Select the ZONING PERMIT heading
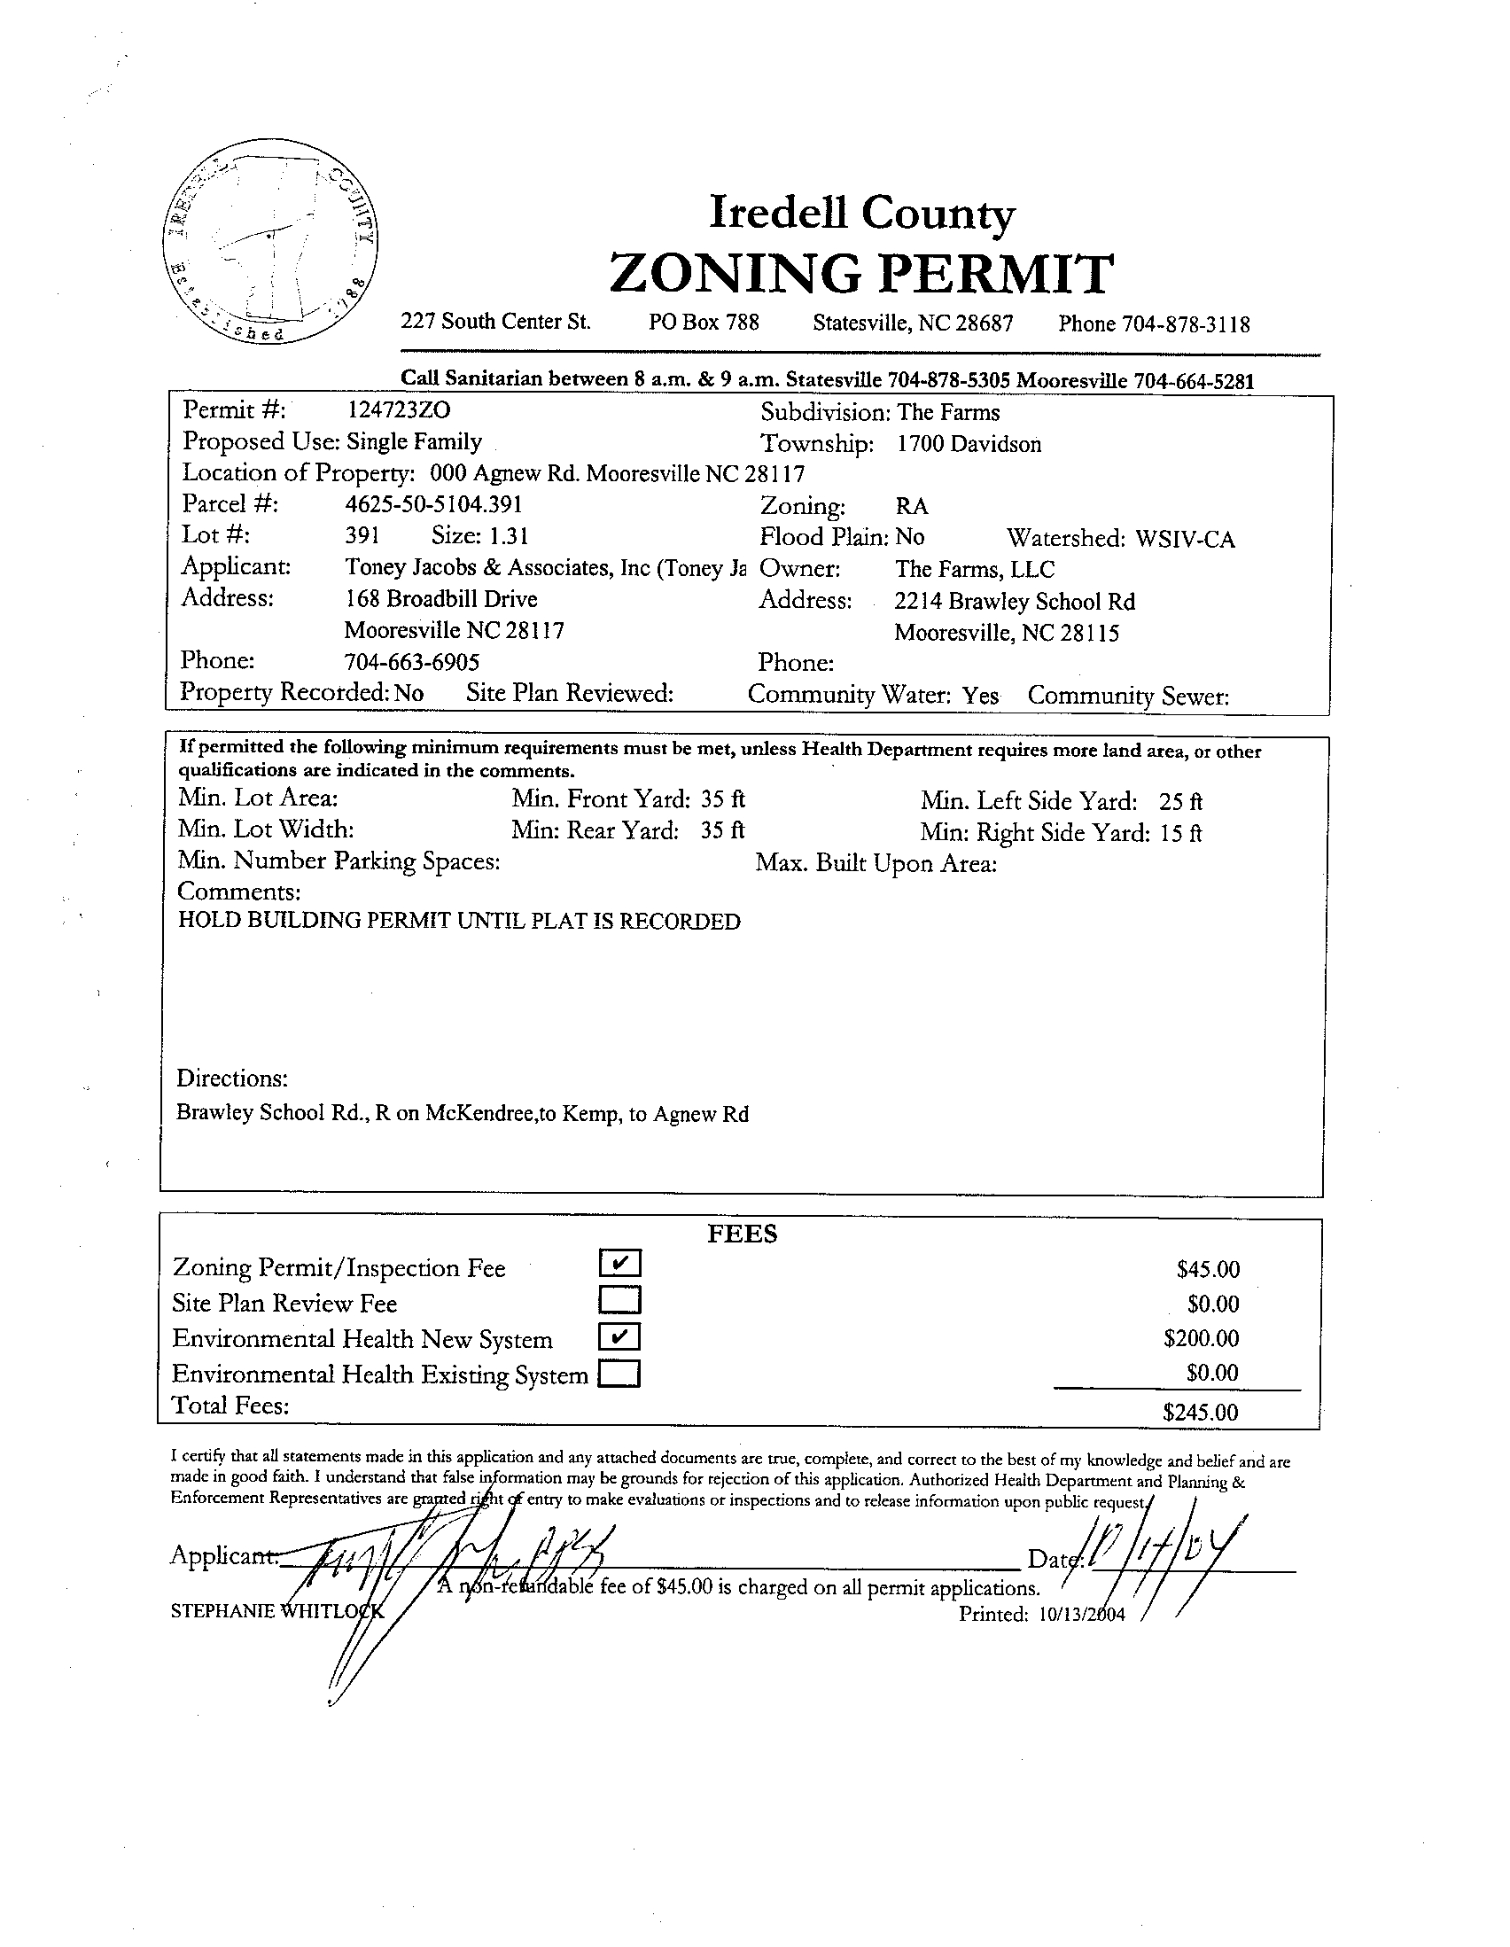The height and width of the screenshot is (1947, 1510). coord(861,274)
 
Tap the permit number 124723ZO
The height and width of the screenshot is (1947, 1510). coord(398,410)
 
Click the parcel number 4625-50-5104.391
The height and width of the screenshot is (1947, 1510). coord(433,504)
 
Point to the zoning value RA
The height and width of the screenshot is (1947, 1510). coord(912,506)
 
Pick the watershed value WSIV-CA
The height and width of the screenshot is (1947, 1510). coord(1185,540)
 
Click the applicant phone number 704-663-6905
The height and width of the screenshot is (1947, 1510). coord(412,661)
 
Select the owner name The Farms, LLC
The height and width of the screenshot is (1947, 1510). coord(974,569)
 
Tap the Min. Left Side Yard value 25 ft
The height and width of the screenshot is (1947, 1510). coord(1181,801)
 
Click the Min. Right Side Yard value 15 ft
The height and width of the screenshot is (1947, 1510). coord(1181,834)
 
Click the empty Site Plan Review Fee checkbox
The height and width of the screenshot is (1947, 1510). coord(620,1301)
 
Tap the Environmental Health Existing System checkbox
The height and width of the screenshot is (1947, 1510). coord(620,1374)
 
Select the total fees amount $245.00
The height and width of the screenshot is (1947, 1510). coord(1201,1412)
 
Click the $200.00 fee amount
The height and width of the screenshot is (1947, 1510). coord(1202,1338)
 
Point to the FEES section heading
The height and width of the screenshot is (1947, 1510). coord(743,1234)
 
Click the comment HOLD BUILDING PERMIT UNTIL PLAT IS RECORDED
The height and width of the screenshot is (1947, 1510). coord(459,921)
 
